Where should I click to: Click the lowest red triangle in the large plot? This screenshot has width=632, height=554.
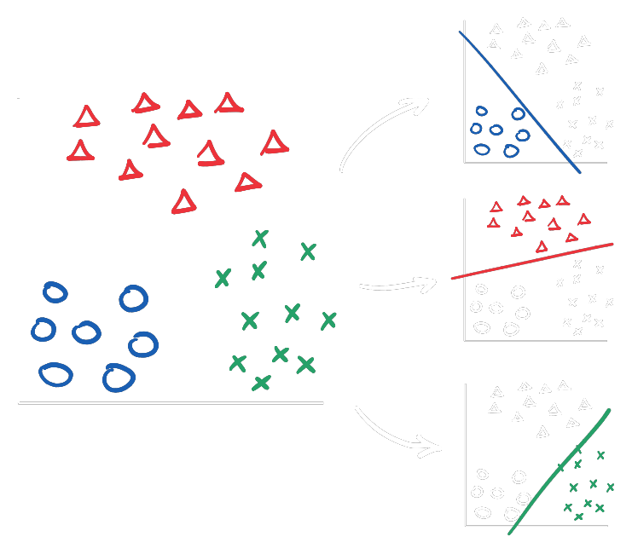coord(183,202)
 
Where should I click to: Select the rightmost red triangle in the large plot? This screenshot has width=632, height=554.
coord(274,142)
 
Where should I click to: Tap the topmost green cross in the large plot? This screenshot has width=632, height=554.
coord(260,239)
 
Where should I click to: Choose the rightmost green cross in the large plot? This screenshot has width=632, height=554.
coord(328,320)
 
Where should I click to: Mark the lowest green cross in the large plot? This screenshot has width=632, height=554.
coord(261,383)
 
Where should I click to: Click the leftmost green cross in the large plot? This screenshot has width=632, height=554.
coord(223,278)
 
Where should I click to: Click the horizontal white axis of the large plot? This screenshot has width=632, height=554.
coord(171,402)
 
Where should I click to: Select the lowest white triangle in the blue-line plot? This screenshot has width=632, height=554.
coord(542,69)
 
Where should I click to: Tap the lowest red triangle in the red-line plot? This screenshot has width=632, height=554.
coord(542,247)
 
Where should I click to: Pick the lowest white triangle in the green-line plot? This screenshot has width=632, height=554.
coord(542,432)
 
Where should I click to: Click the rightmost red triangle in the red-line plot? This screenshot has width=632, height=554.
coord(584,219)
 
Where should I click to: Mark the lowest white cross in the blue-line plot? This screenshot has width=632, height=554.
coord(578,153)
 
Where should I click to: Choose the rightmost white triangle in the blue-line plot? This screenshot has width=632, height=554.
coord(584,41)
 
